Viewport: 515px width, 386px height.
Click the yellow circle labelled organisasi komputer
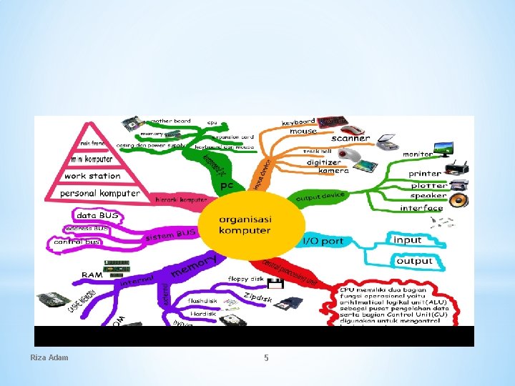[x=245, y=224]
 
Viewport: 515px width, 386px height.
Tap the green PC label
[x=227, y=185]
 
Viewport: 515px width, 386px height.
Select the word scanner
[x=351, y=138]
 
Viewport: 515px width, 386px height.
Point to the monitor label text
[x=418, y=154]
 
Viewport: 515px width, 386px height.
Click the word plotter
[x=428, y=184]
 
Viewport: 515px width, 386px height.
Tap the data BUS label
[x=97, y=214]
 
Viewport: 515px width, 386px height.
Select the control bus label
[x=77, y=242]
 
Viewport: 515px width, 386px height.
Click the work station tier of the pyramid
[x=92, y=176]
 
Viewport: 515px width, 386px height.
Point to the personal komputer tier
[x=100, y=193]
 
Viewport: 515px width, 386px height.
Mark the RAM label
[x=92, y=274]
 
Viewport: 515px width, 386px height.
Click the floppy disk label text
[x=246, y=279]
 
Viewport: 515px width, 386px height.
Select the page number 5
[x=266, y=357]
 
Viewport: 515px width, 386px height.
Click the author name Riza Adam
[x=49, y=357]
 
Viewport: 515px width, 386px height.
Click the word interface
[x=421, y=208]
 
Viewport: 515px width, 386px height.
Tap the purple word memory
[x=194, y=267]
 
